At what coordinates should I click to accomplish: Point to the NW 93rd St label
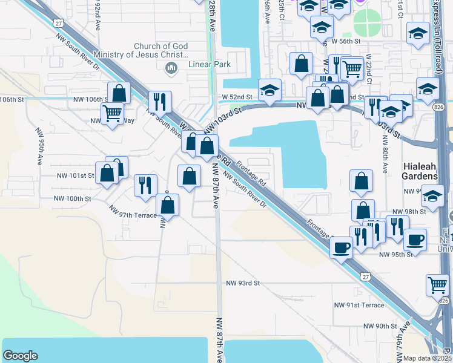click(243, 283)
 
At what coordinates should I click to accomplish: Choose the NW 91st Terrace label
click(363, 306)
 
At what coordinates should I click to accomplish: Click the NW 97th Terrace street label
click(133, 210)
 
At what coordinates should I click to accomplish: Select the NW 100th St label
click(73, 198)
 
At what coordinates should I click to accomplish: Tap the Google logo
click(20, 356)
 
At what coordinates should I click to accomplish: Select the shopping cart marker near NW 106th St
click(112, 112)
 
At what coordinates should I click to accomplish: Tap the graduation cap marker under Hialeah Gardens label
click(433, 196)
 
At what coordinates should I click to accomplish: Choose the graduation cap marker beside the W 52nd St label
click(269, 91)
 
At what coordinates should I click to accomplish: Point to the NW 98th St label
click(410, 212)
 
